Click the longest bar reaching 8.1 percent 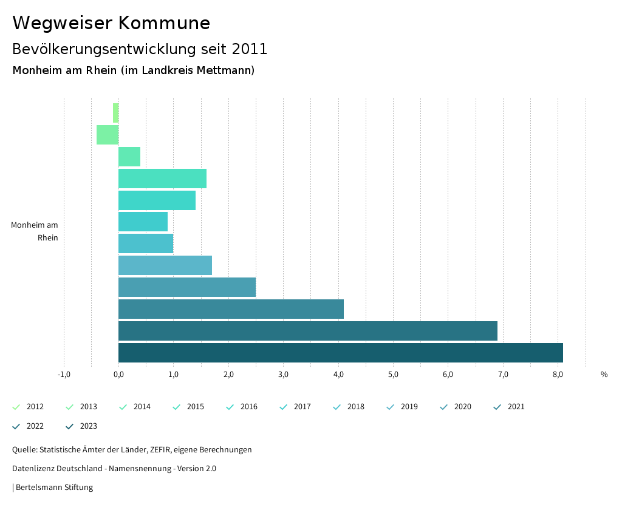pyautogui.click(x=340, y=353)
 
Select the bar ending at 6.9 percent pyautogui.click(x=307, y=331)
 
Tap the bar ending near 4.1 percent pyautogui.click(x=231, y=309)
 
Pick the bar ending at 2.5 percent pyautogui.click(x=187, y=287)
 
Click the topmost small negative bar pyautogui.click(x=115, y=113)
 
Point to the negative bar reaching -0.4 pyautogui.click(x=108, y=135)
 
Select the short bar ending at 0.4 pyautogui.click(x=129, y=157)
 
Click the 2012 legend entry pyautogui.click(x=35, y=407)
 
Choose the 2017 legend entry pyautogui.click(x=302, y=407)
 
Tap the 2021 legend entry pyautogui.click(x=516, y=407)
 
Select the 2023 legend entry pyautogui.click(x=88, y=426)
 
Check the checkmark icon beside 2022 pyautogui.click(x=16, y=426)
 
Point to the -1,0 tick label pyautogui.click(x=64, y=375)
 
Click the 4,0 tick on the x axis pyautogui.click(x=338, y=375)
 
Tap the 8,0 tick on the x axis pyautogui.click(x=558, y=375)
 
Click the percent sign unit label pyautogui.click(x=604, y=375)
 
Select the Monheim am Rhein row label pyautogui.click(x=35, y=231)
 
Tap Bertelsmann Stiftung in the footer pyautogui.click(x=54, y=488)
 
